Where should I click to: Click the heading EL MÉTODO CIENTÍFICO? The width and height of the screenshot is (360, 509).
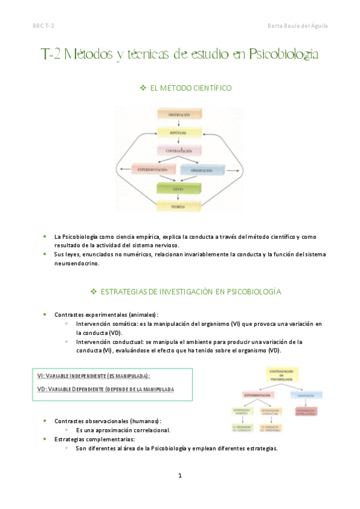pos(190,88)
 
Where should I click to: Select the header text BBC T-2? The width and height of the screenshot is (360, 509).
pos(43,25)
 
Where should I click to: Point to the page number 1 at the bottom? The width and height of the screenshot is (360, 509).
pos(179,476)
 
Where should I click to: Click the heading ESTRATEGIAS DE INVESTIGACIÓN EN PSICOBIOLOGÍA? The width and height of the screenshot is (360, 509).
pos(190,291)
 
